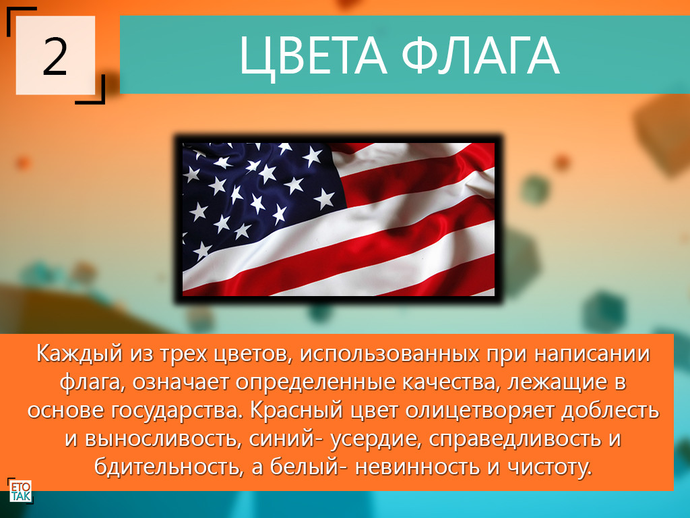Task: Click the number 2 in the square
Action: (55, 56)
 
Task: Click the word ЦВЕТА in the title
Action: (313, 57)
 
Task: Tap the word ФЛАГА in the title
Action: (480, 55)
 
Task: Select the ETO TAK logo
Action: (21, 492)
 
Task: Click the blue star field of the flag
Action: (259, 198)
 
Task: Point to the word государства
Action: (175, 411)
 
